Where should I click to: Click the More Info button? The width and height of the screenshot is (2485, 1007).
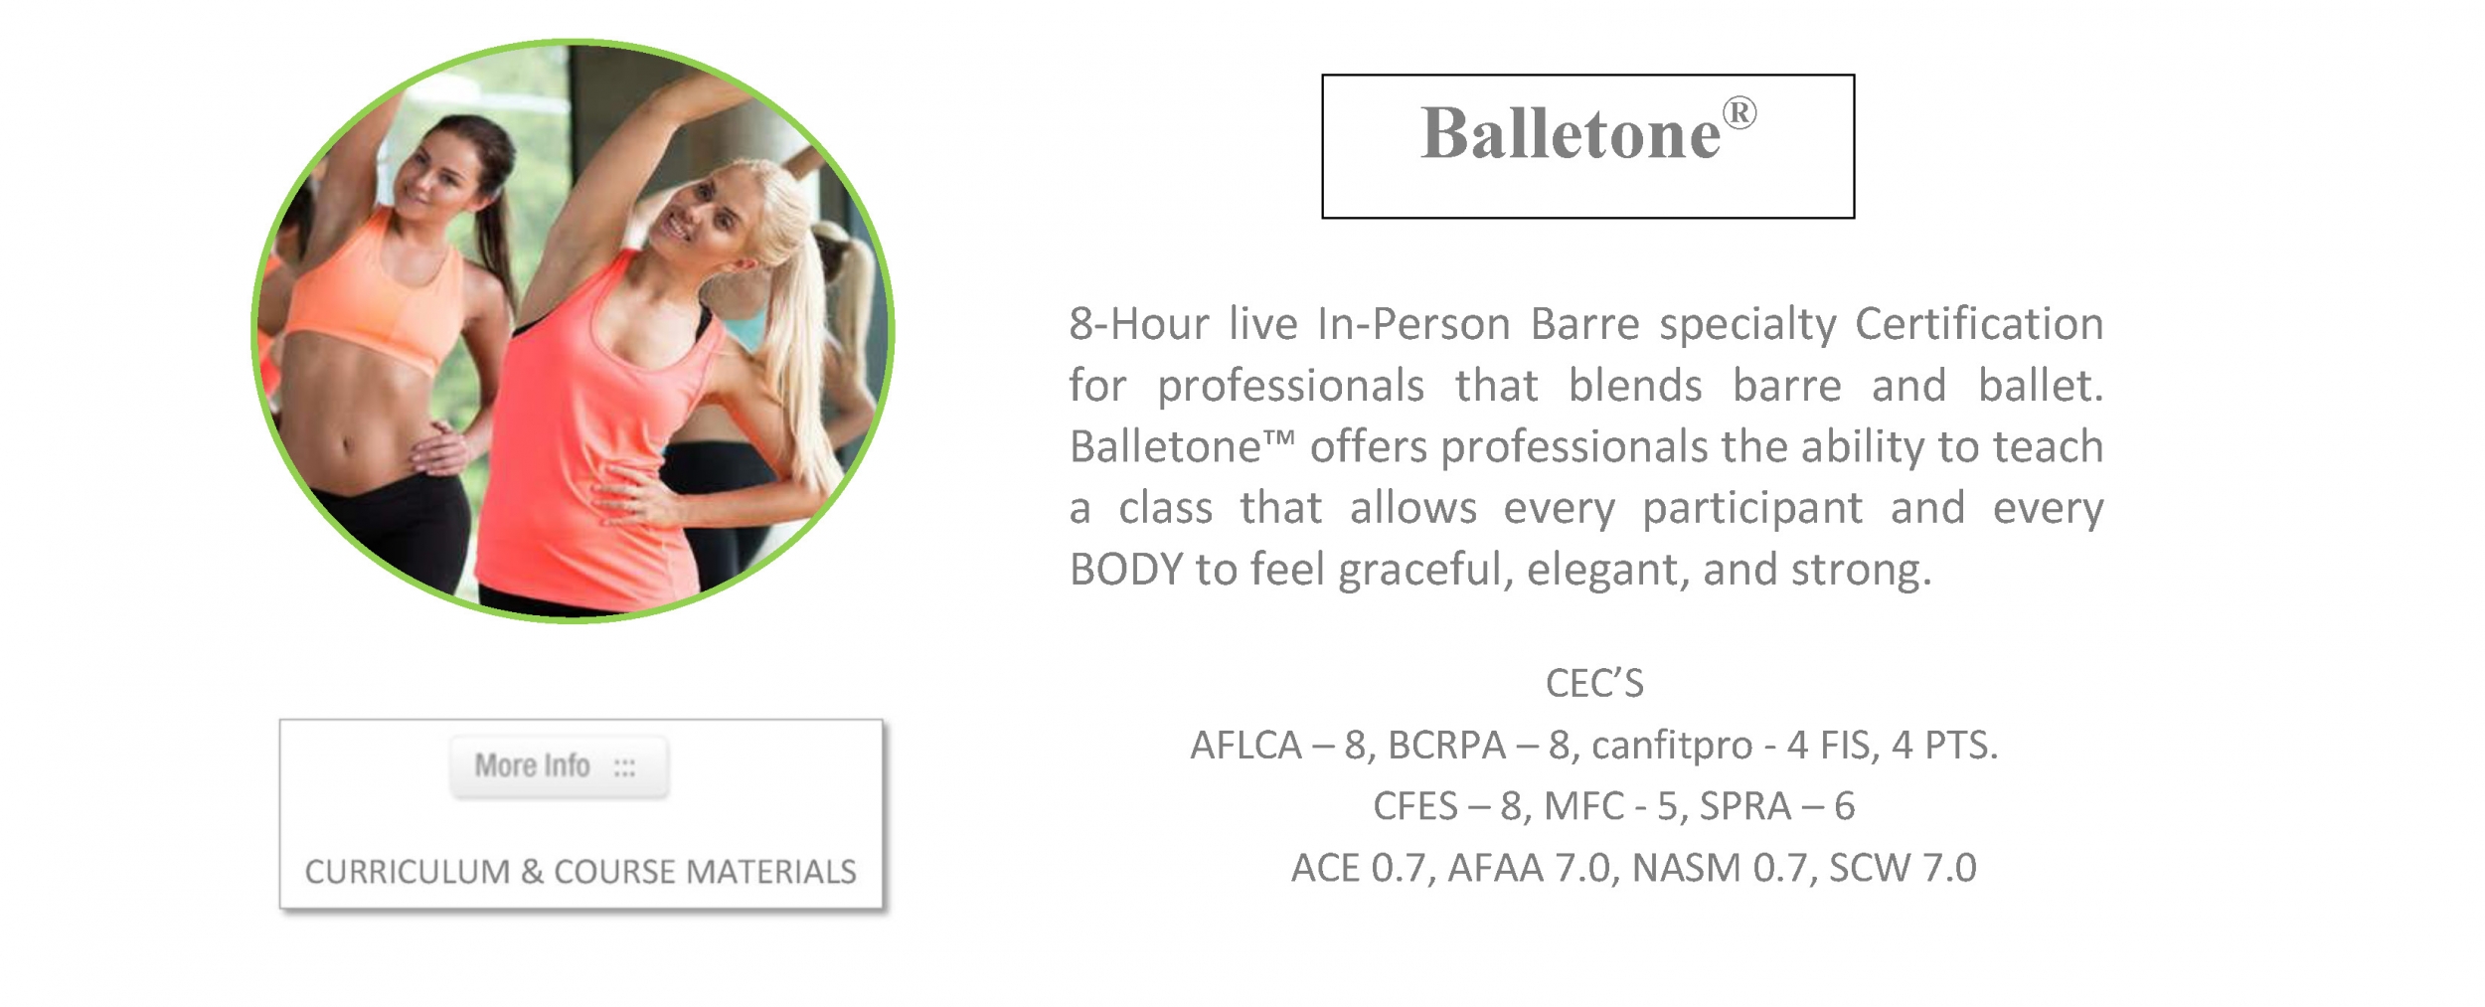559,765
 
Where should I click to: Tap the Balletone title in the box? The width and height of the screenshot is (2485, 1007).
1571,133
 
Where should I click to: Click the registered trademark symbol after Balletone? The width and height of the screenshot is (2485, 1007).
1739,112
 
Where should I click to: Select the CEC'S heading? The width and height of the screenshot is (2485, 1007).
1594,684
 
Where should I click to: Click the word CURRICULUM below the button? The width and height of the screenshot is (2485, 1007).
408,872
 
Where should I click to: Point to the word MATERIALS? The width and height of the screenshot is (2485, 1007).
771,872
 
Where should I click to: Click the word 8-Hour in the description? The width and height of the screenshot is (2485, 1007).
1139,324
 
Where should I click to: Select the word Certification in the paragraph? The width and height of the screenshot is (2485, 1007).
1979,324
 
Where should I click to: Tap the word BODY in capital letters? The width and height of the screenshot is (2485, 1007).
1126,570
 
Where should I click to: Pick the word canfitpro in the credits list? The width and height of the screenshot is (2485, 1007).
1672,746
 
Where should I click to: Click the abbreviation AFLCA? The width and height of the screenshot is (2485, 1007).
1246,746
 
